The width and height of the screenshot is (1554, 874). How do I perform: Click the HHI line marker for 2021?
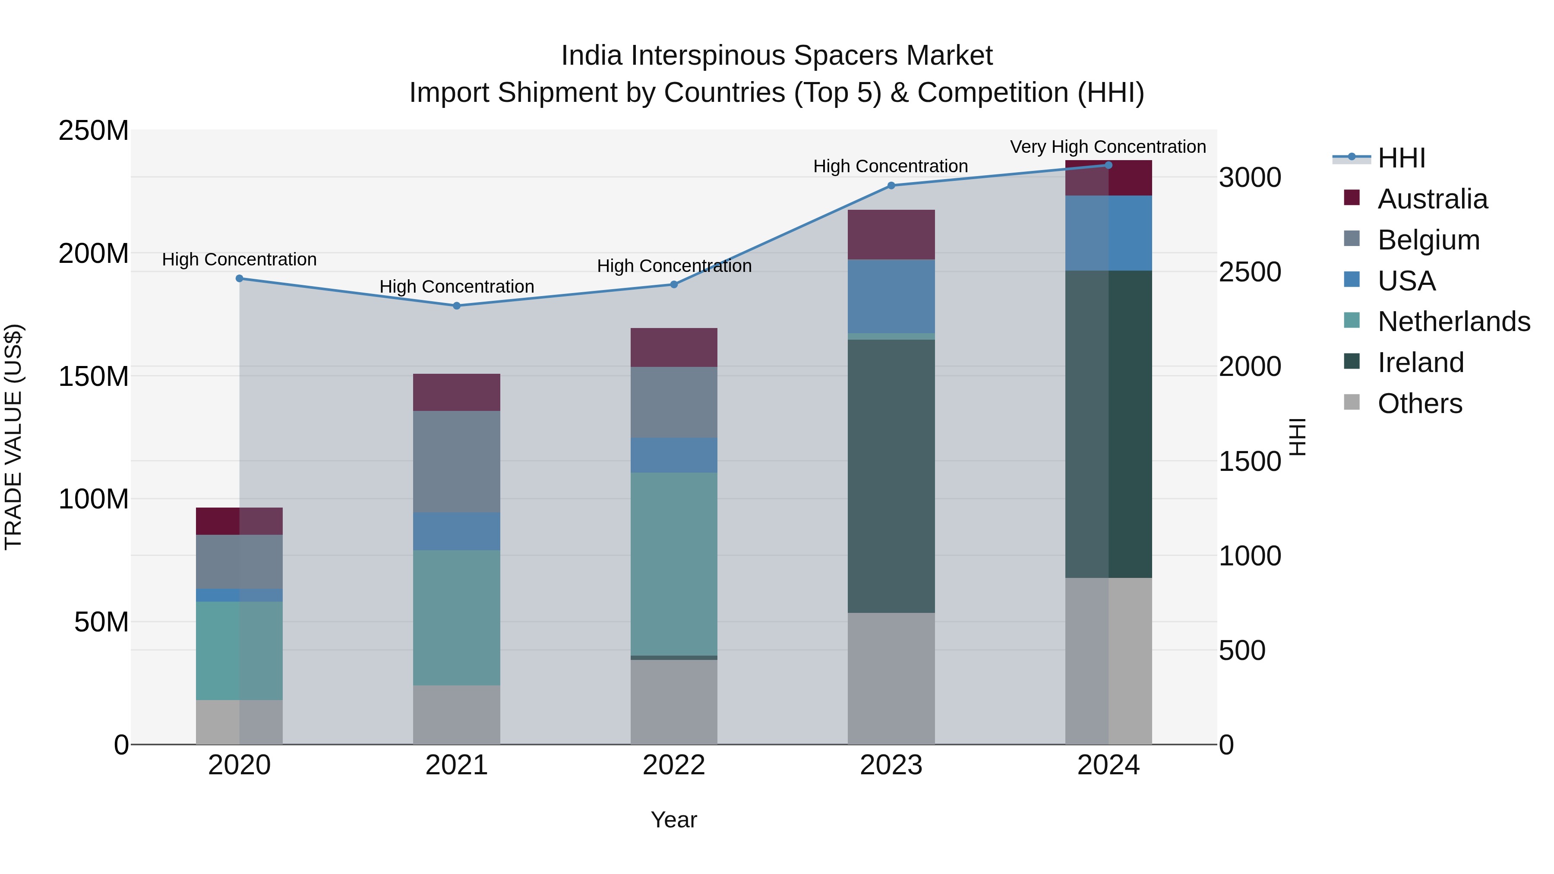click(x=457, y=306)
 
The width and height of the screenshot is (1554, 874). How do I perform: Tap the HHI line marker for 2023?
click(x=891, y=185)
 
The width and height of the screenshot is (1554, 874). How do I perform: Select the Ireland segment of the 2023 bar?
click(x=891, y=476)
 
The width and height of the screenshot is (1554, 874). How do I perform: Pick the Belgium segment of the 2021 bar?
click(x=457, y=461)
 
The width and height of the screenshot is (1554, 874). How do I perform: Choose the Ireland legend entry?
click(x=1420, y=363)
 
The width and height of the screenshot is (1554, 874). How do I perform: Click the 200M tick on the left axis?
click(x=94, y=253)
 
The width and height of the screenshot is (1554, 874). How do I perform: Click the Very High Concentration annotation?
click(x=1108, y=147)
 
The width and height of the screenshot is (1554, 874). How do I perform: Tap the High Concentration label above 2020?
click(x=240, y=259)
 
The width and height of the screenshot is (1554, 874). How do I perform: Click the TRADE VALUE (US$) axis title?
click(x=13, y=437)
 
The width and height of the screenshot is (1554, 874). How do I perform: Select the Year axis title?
click(x=674, y=820)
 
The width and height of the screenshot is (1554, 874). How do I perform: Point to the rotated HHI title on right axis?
click(x=1298, y=437)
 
